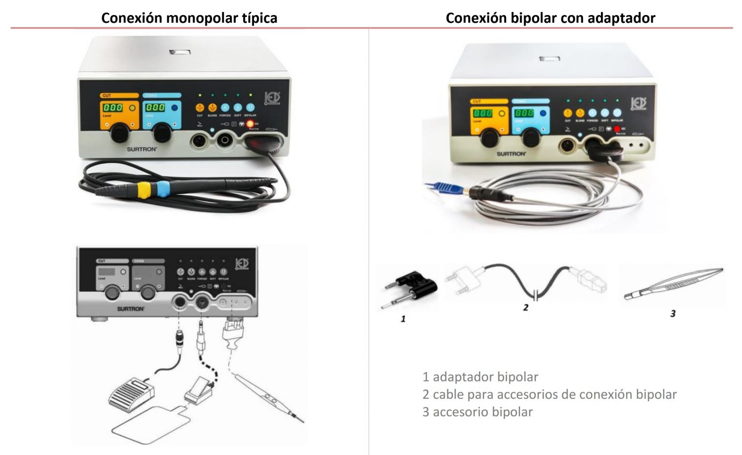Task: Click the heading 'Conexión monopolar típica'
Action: (x=189, y=18)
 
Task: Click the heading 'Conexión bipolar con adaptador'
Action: (x=550, y=18)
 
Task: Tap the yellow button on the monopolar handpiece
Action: (x=143, y=190)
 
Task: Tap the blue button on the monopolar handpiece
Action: (x=163, y=188)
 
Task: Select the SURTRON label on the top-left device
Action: (x=142, y=149)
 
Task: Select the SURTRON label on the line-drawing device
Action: (x=130, y=309)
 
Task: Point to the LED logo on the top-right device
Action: (x=639, y=103)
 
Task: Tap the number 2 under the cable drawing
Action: (x=526, y=307)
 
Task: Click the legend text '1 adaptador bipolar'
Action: (x=480, y=377)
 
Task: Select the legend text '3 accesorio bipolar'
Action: (x=477, y=412)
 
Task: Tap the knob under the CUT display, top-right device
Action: (x=489, y=138)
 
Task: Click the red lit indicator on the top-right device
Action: (x=617, y=129)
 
